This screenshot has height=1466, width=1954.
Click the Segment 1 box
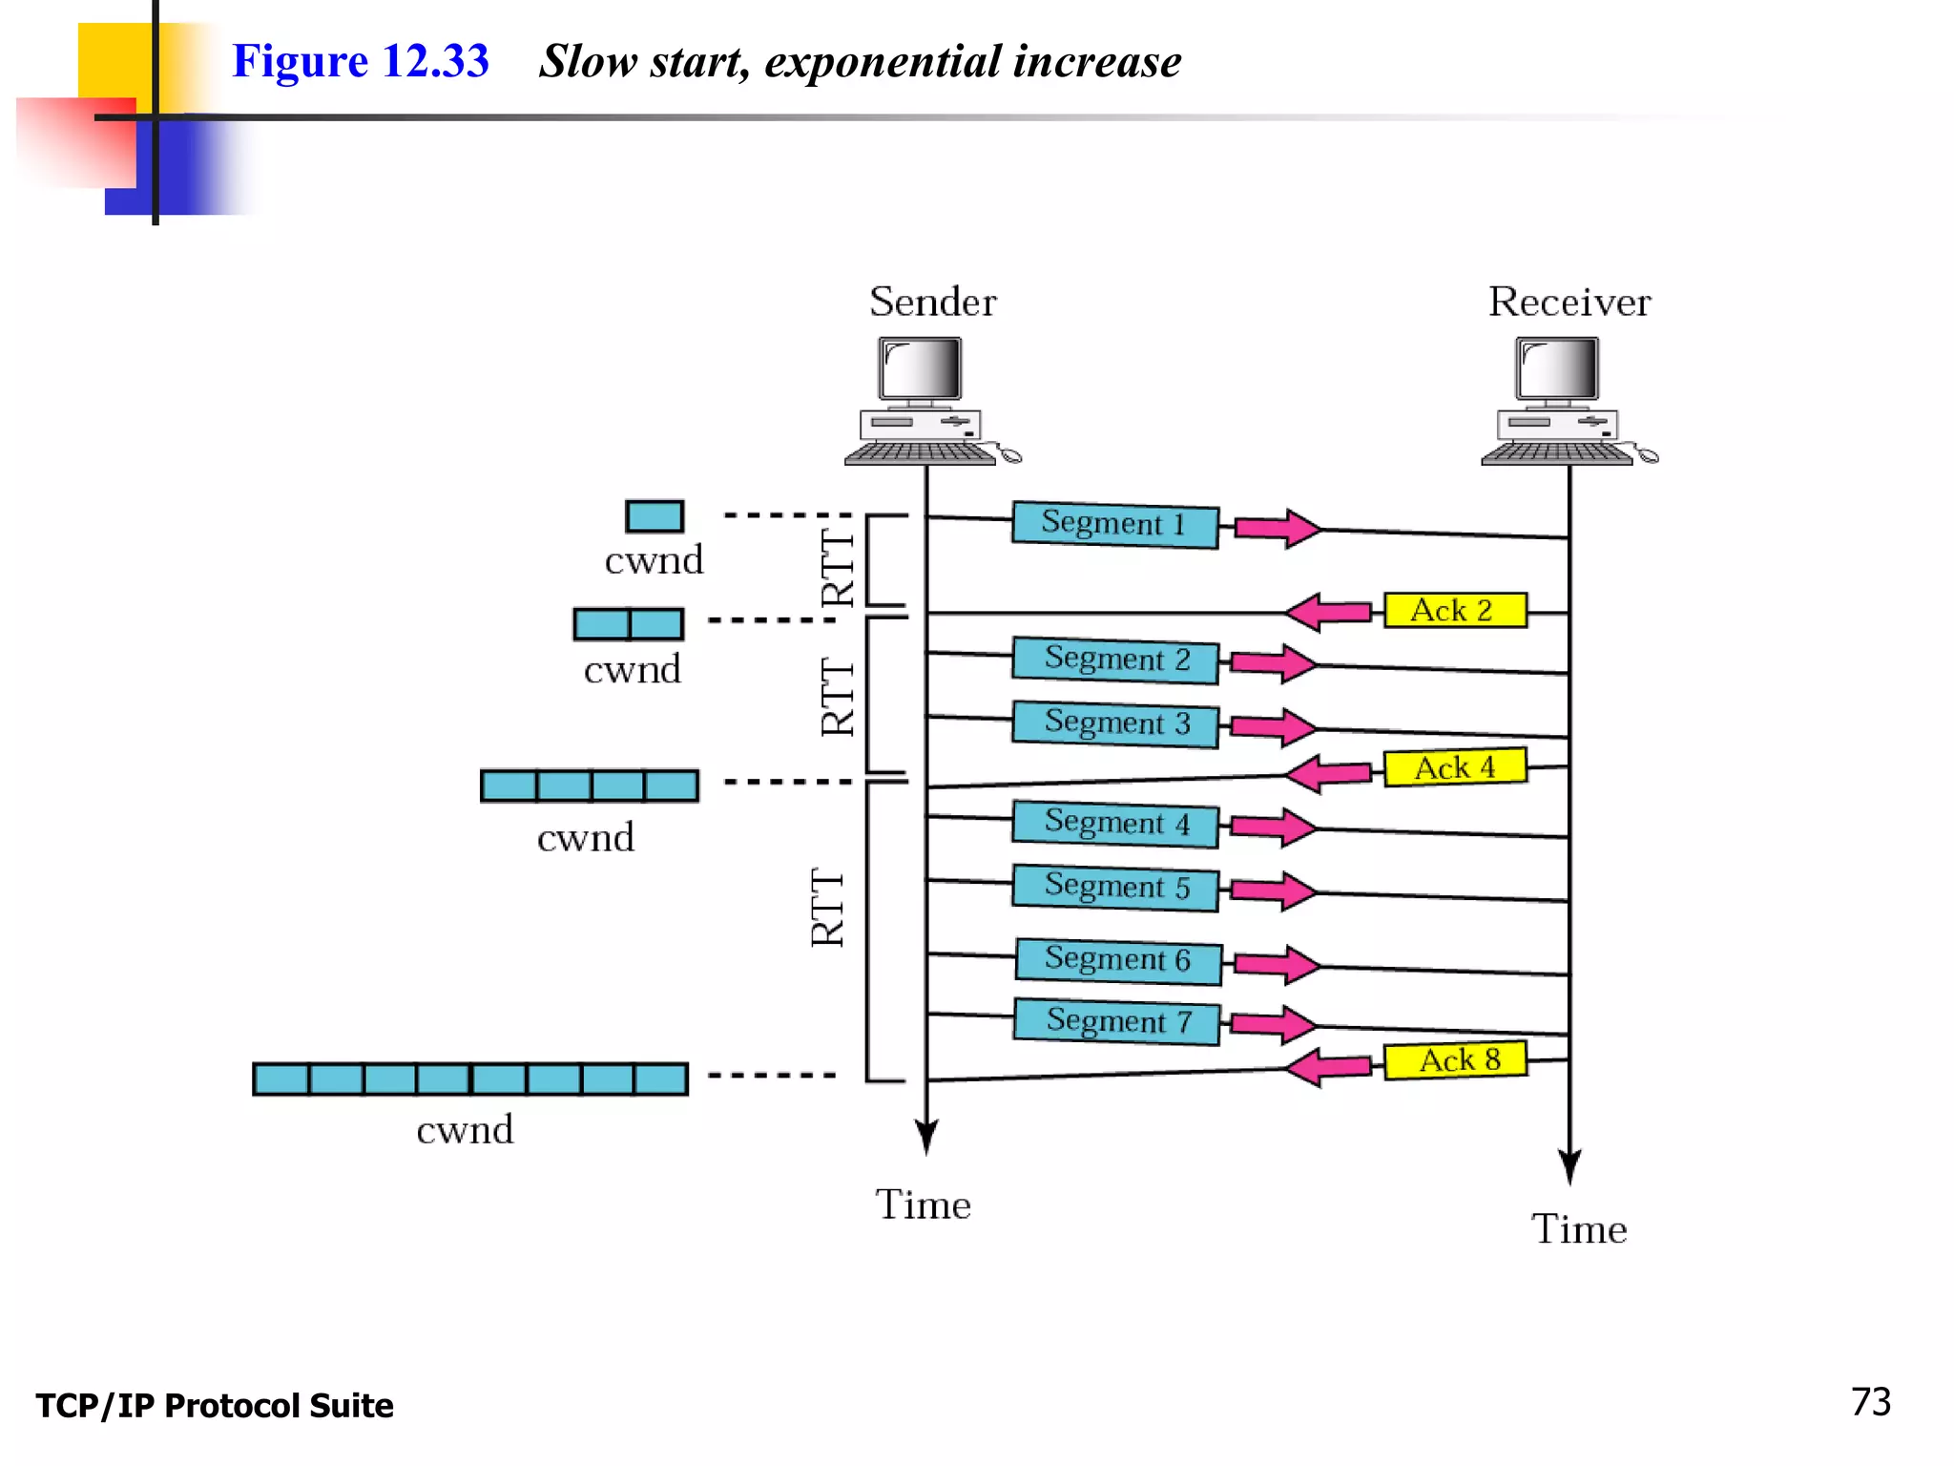click(1114, 524)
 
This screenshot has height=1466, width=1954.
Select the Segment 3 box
click(1114, 723)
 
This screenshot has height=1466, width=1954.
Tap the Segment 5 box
click(1114, 887)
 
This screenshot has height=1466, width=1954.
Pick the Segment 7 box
click(1116, 1021)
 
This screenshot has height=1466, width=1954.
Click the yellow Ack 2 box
click(1454, 610)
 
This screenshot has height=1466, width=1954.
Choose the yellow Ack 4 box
click(1454, 766)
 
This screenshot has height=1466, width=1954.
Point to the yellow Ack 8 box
click(1454, 1059)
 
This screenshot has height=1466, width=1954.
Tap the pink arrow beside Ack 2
click(1328, 611)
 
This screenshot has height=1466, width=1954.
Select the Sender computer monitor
click(920, 369)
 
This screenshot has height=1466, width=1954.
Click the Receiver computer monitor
click(1556, 369)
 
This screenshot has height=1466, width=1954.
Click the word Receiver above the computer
click(1569, 302)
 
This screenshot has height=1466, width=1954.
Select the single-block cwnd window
click(655, 516)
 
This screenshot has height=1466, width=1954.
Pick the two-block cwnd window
click(628, 624)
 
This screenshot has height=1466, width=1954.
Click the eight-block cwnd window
click(470, 1079)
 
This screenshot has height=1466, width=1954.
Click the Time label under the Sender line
click(923, 1204)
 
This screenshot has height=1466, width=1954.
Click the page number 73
click(1870, 1402)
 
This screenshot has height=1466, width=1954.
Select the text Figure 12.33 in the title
click(361, 61)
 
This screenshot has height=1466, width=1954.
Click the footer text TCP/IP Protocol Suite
click(215, 1406)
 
